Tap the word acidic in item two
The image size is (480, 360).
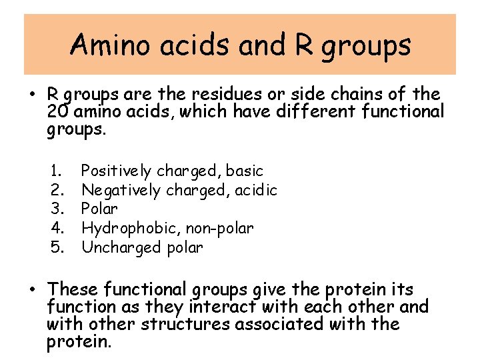point(255,191)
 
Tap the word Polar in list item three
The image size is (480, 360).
point(99,209)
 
